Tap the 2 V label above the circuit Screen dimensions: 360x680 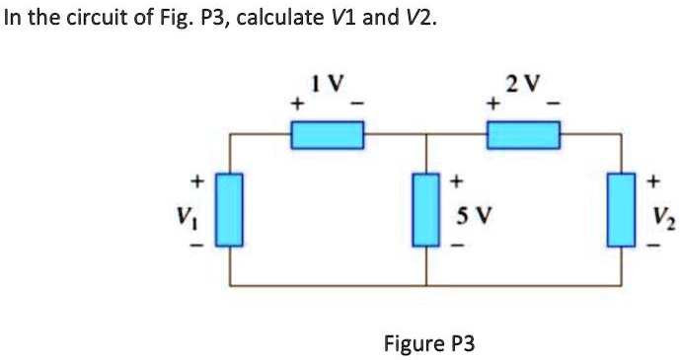523,84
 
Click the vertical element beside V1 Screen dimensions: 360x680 229,209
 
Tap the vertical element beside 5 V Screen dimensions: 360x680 425,209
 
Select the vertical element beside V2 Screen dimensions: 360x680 621,209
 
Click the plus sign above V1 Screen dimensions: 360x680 196,182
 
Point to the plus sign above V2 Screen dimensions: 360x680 652,182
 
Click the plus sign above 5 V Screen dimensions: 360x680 455,182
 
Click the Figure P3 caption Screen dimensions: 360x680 428,344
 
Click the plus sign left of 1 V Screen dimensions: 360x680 294,103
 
